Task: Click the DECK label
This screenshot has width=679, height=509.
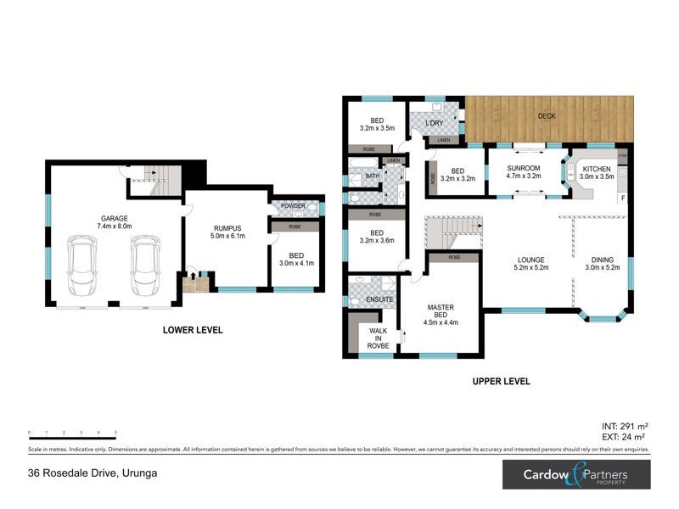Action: pos(547,116)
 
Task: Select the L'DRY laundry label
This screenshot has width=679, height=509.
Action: pos(434,124)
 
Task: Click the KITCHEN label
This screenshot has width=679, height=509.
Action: pos(596,169)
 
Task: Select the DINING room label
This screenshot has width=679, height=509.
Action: pos(603,260)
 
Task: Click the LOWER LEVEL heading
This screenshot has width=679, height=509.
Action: pos(193,330)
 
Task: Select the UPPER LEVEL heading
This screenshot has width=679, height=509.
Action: pos(501,382)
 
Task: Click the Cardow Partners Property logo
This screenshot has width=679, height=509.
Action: pos(575,474)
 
